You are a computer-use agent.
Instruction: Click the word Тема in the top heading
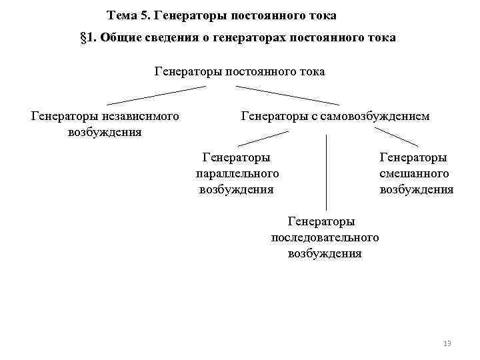click(121, 15)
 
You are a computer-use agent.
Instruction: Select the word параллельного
click(237, 173)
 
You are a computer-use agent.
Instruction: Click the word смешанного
click(414, 173)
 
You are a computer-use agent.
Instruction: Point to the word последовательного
click(325, 237)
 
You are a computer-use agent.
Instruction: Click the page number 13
click(447, 343)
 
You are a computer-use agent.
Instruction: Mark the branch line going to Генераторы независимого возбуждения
click(156, 95)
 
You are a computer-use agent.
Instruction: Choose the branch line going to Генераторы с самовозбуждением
click(287, 95)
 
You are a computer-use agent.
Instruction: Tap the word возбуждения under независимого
click(105, 132)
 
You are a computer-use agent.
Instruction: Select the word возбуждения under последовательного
click(325, 253)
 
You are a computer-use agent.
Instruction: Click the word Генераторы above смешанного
click(413, 157)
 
